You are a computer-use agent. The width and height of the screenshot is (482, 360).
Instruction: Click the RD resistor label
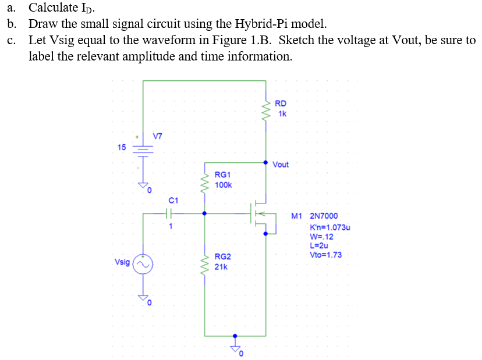280,103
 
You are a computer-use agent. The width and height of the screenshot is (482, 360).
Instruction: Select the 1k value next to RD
282,113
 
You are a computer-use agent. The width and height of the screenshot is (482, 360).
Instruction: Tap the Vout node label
281,165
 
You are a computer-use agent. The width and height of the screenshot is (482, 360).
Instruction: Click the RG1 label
223,174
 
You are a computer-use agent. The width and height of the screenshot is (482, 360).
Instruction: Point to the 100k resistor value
224,185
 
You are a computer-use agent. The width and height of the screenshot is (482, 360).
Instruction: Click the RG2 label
223,256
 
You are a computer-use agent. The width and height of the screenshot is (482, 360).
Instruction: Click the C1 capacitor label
173,200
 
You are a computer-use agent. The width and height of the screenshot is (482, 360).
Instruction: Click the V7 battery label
158,136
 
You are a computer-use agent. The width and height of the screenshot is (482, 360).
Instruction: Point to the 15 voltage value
121,147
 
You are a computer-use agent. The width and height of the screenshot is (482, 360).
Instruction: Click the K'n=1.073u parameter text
330,227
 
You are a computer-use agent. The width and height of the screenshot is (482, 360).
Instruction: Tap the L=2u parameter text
319,246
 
